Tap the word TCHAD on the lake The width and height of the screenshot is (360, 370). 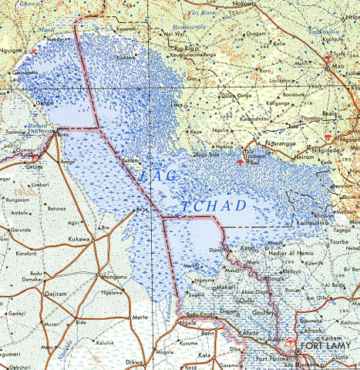coord(216,206)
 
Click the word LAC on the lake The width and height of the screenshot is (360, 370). coord(156,177)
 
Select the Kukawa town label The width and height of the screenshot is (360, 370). coord(79,240)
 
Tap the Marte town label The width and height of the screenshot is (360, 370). coord(140,317)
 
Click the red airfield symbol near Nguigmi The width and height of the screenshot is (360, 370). coord(32,51)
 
